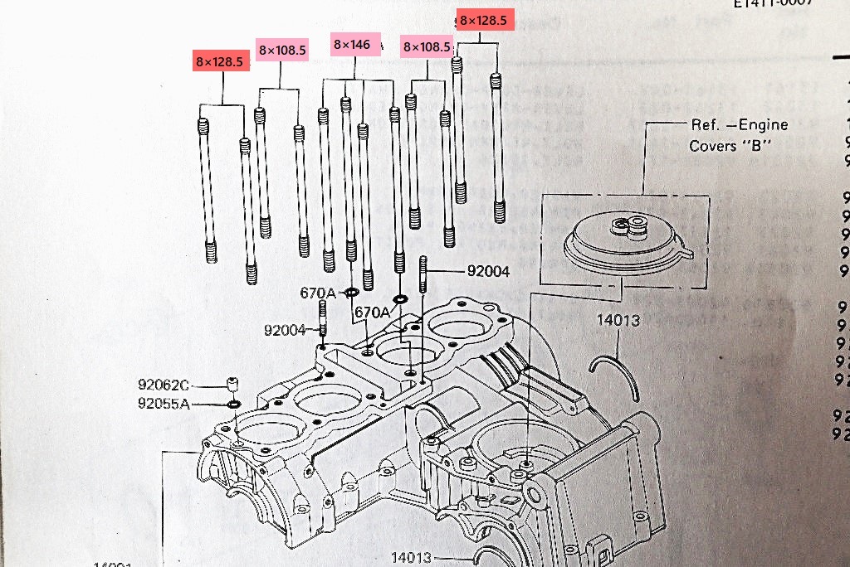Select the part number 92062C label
coord(164,385)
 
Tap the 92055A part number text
coord(164,404)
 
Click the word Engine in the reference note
coord(761,125)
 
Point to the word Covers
coord(713,146)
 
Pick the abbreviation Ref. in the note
coord(706,125)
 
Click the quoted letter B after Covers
coord(761,146)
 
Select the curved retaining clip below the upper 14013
coord(616,375)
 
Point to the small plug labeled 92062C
coord(232,385)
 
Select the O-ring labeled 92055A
coord(233,404)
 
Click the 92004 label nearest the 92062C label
coord(286,330)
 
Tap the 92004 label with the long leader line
coord(488,271)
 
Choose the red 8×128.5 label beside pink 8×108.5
coord(221,61)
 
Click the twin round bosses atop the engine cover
coord(628,225)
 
